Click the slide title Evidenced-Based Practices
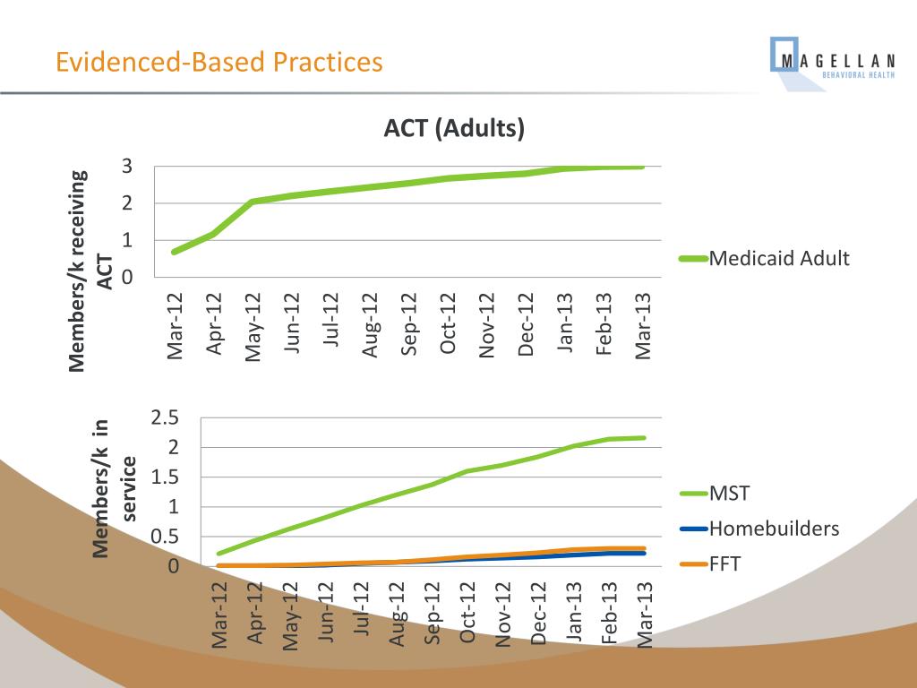click(219, 63)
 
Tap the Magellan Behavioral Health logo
click(833, 62)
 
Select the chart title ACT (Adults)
click(454, 129)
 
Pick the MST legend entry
click(729, 493)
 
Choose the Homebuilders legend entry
click(774, 529)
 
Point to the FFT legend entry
click(725, 564)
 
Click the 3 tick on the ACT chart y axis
click(127, 167)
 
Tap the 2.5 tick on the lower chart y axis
click(166, 417)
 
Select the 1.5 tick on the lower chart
click(166, 477)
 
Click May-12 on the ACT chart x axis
click(253, 327)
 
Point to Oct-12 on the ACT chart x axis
click(449, 324)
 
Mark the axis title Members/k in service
click(115, 488)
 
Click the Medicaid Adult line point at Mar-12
click(174, 252)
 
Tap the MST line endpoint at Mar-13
click(644, 438)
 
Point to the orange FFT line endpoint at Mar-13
click(644, 548)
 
